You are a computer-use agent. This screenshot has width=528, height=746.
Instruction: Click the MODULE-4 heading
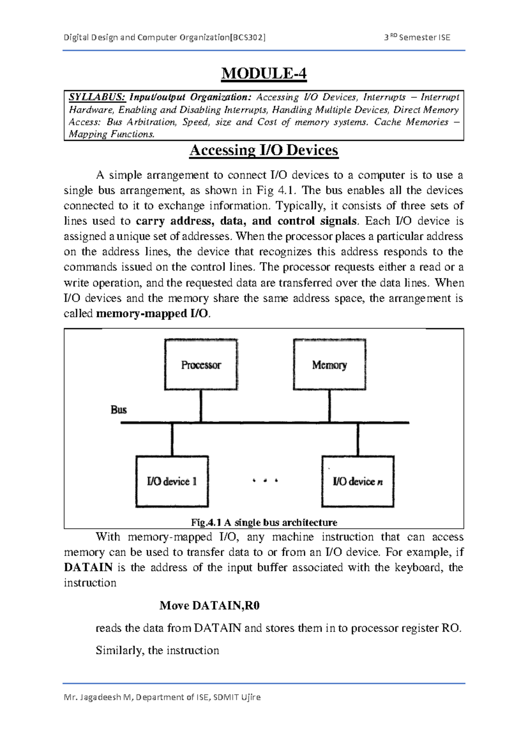click(264, 73)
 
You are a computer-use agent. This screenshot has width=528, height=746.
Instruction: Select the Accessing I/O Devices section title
click(264, 150)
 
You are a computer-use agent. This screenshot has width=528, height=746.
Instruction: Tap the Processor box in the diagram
click(201, 365)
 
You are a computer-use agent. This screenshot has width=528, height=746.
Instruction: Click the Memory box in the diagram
click(330, 365)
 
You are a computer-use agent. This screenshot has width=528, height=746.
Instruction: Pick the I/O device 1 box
click(172, 481)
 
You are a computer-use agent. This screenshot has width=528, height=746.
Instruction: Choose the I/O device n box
click(358, 481)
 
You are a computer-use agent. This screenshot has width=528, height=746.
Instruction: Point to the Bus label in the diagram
click(119, 410)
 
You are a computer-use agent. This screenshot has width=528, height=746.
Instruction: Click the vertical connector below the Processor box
click(201, 406)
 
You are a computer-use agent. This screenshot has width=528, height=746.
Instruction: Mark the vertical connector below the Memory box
click(330, 406)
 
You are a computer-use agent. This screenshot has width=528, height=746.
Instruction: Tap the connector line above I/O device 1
click(172, 439)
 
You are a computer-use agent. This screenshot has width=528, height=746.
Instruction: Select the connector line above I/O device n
click(358, 439)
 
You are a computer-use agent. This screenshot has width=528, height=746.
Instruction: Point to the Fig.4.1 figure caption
click(264, 523)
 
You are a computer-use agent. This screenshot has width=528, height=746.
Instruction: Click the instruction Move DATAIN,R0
click(209, 606)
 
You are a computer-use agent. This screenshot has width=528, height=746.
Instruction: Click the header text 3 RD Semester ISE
click(417, 37)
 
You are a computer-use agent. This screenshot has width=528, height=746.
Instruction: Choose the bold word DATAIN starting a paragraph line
click(88, 567)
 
